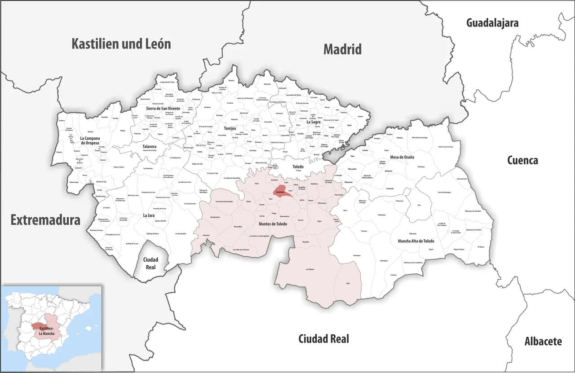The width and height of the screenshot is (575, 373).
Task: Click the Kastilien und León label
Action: point(121,44)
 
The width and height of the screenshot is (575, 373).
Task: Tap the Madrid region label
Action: point(342,49)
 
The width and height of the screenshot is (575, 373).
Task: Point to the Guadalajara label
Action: point(492,22)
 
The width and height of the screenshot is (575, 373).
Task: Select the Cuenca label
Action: point(522,160)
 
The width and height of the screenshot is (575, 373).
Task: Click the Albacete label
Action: point(543,342)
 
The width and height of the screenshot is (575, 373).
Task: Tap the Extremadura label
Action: point(45,220)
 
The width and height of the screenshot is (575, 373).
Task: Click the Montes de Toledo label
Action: point(273,224)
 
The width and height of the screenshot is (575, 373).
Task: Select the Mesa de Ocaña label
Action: point(402,157)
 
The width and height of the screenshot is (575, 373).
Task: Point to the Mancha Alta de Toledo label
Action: point(416,241)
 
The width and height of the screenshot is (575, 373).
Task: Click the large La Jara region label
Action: point(149,215)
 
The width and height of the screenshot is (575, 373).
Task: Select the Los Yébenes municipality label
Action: point(310,269)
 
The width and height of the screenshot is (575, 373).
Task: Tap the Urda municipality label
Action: point(348,283)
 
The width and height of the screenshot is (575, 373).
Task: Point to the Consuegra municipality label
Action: point(357,255)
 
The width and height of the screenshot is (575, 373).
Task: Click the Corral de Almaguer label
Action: point(444,192)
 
